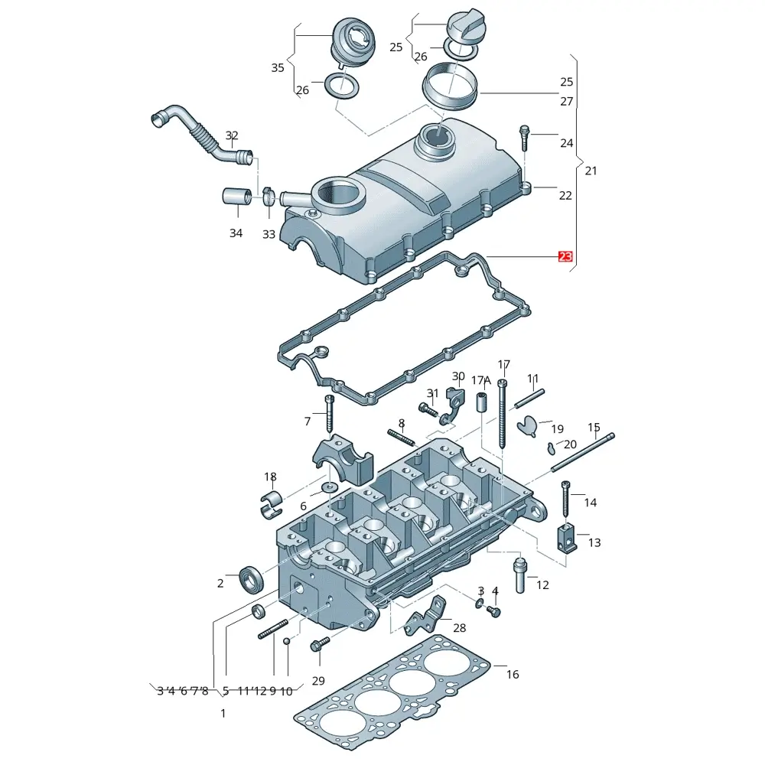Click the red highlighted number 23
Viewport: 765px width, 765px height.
pyautogui.click(x=565, y=256)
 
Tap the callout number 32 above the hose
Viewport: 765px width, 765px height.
pyautogui.click(x=232, y=135)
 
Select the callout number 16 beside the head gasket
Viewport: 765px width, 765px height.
pyautogui.click(x=513, y=674)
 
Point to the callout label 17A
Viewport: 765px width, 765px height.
pyautogui.click(x=481, y=380)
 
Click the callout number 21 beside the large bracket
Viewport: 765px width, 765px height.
pyautogui.click(x=591, y=171)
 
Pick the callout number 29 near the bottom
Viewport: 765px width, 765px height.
pyautogui.click(x=318, y=681)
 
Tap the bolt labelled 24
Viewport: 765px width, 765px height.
pyautogui.click(x=525, y=138)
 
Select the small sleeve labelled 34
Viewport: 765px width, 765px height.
pyautogui.click(x=237, y=197)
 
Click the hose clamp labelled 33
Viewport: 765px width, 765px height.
pyautogui.click(x=269, y=196)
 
